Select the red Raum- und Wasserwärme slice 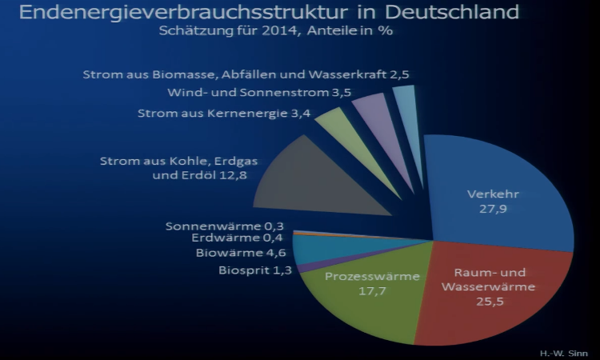pos(488,288)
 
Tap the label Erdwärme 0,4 pos(238,238)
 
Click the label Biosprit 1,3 pos(255,270)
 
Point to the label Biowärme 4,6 pos(242,253)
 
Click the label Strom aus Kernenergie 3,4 pos(223,113)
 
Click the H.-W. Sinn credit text pos(563,351)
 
